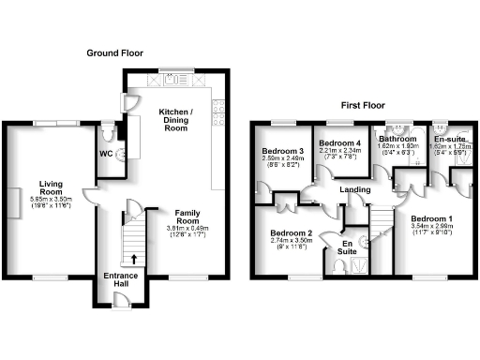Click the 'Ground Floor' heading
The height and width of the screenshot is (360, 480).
coord(115,53)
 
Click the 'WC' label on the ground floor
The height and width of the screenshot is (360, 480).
coord(106,155)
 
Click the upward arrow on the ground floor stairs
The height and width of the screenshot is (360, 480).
coord(133,259)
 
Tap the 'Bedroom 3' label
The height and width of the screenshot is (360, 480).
coord(281,151)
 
